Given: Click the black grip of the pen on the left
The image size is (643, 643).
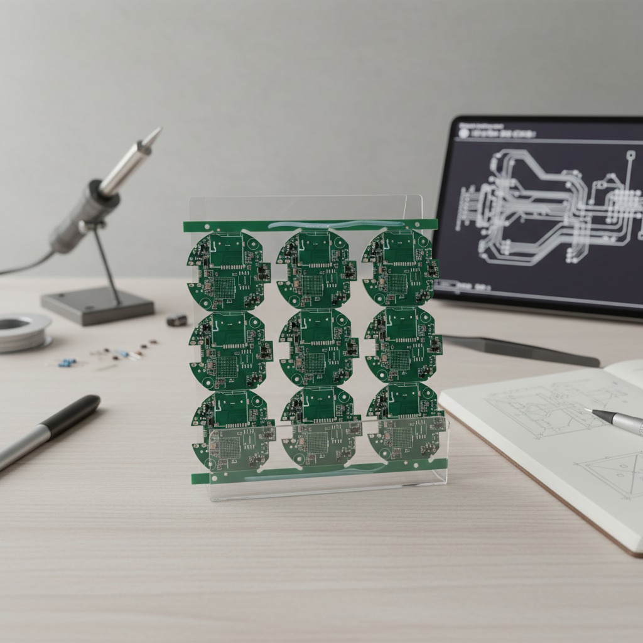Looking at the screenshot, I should tap(73, 415).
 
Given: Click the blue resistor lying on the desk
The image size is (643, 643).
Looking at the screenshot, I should tap(67, 362).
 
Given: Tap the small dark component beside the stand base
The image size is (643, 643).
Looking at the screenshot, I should tap(177, 320).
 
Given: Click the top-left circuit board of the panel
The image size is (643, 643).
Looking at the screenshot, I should tap(227, 270).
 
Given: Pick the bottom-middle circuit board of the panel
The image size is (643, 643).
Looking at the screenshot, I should tap(320, 428).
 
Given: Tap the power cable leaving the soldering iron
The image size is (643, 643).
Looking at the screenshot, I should tap(25, 264).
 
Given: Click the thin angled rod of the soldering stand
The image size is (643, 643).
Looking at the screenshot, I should tap(107, 258).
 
